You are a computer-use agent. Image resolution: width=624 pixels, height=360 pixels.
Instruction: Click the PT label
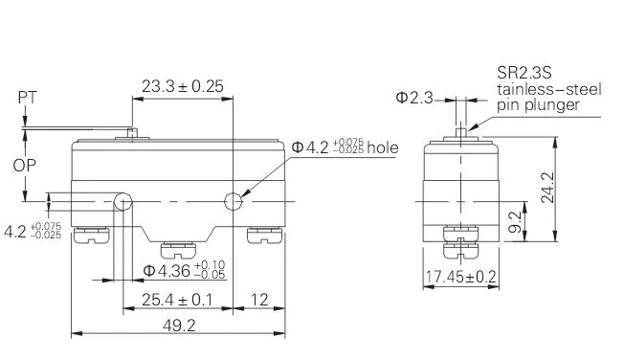27,96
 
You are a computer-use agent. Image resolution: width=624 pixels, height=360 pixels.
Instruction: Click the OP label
27,165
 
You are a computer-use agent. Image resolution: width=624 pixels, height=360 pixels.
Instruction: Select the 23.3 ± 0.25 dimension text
182,86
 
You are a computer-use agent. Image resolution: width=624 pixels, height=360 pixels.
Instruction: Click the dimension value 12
259,300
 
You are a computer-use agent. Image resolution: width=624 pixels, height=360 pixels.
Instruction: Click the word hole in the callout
380,147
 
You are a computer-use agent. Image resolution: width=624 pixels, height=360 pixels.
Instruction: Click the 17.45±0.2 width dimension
460,278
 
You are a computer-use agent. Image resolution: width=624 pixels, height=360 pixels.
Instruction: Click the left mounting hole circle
123,201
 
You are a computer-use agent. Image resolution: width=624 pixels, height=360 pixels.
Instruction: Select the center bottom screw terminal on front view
176,249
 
